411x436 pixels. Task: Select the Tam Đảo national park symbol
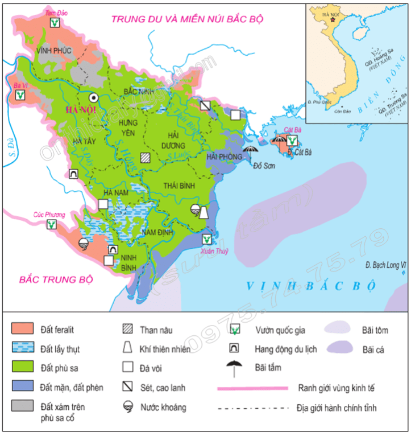(x=55, y=23)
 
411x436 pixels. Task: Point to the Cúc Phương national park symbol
(x=51, y=224)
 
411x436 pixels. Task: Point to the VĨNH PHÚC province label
(x=54, y=51)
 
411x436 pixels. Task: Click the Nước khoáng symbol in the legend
(x=132, y=408)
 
